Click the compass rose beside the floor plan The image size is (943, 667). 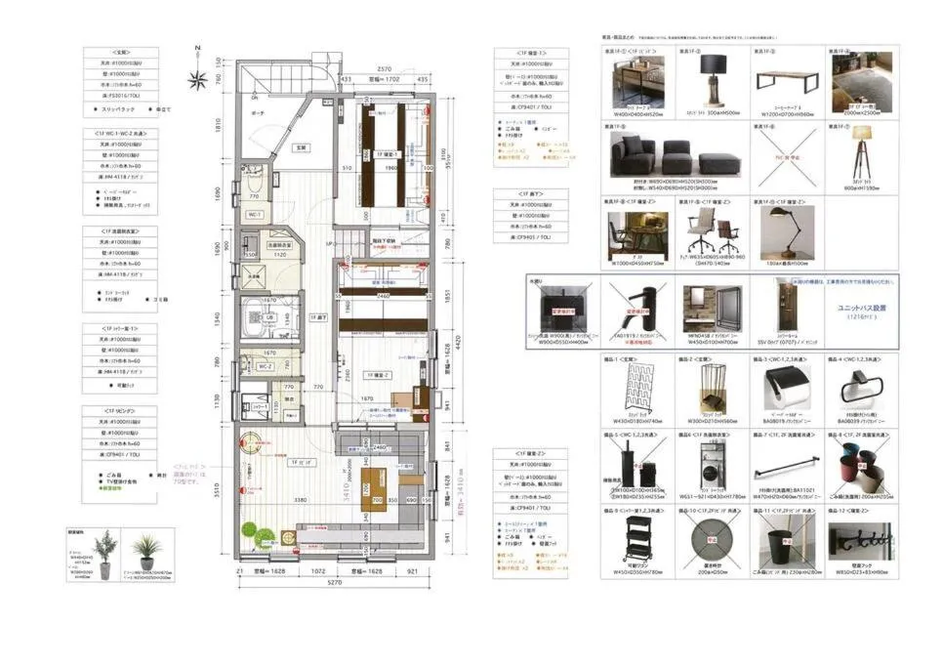tap(196, 80)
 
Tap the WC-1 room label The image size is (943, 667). tap(254, 214)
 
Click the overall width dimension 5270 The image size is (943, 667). tap(335, 584)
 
